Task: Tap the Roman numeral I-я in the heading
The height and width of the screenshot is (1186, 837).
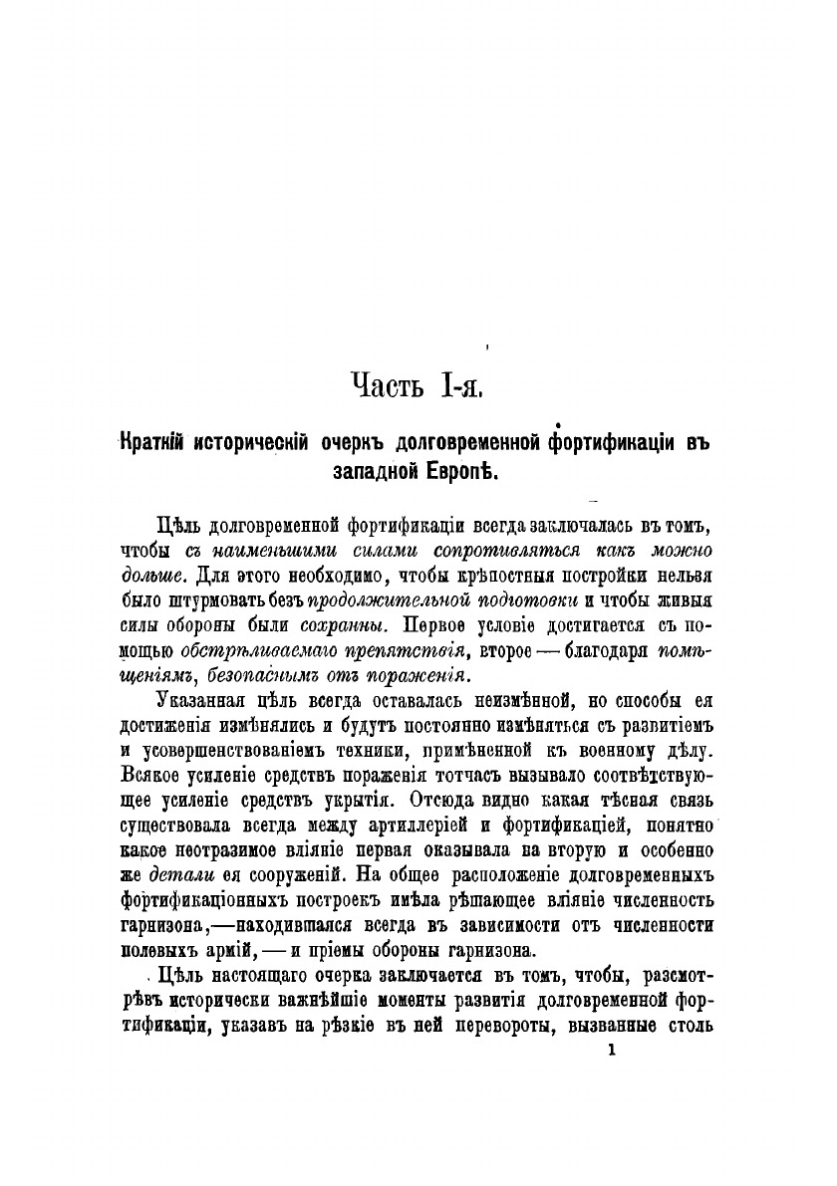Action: [458, 383]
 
